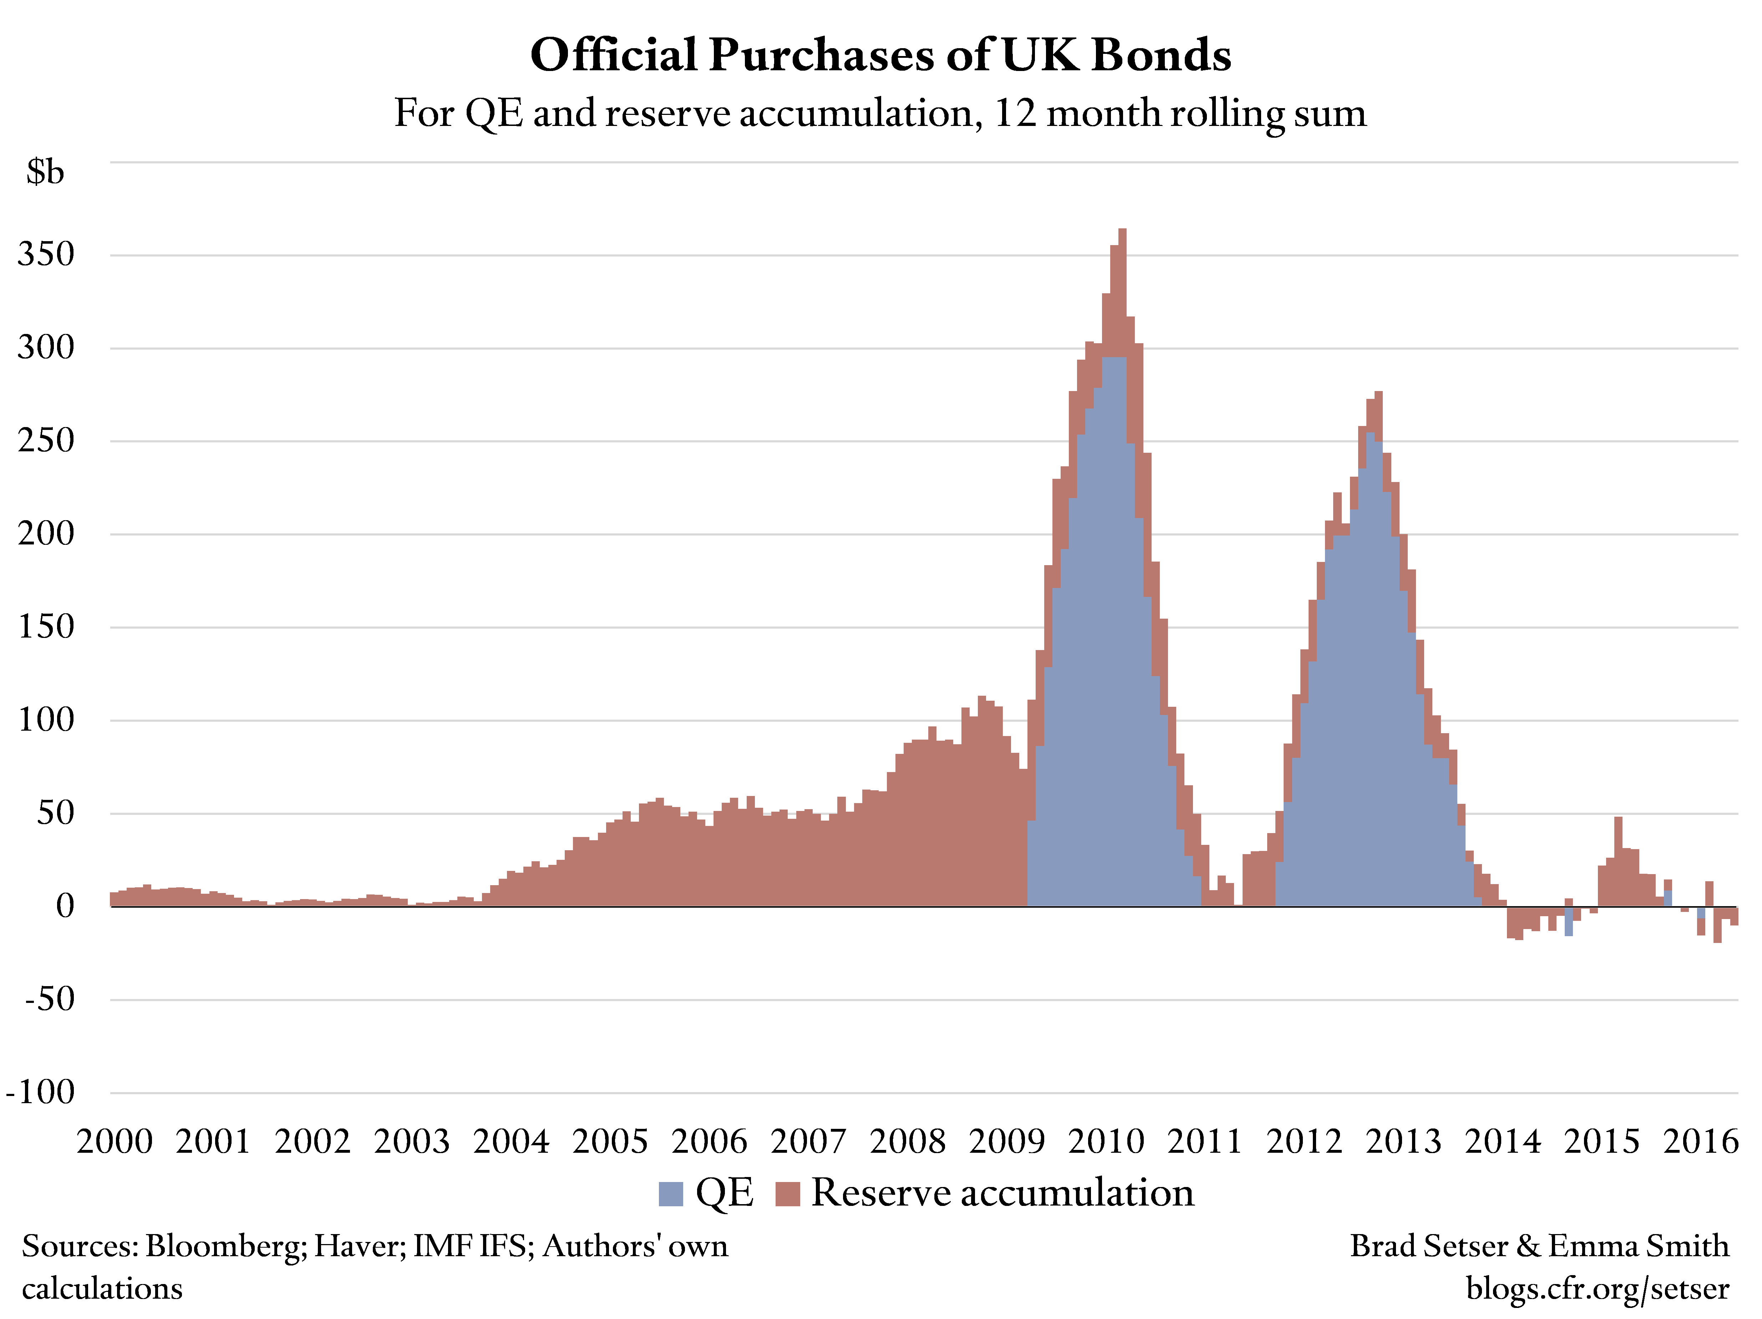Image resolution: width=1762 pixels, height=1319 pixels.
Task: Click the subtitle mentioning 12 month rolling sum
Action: point(880,113)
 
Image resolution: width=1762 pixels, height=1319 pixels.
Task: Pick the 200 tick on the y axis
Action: point(46,534)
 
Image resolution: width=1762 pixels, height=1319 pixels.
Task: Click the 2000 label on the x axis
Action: point(115,1141)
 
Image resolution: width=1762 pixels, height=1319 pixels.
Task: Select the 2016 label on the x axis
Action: point(1701,1141)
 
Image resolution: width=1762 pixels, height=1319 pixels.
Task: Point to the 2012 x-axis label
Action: point(1304,1141)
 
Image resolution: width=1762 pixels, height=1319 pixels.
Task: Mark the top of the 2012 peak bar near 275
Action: point(1378,394)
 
